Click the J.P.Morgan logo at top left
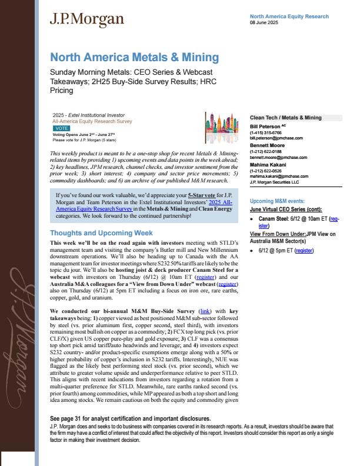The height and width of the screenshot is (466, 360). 86,19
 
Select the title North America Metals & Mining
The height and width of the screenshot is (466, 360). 134,58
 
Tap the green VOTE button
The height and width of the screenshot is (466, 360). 61,127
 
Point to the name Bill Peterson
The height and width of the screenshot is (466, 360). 264,127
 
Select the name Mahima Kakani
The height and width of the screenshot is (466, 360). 266,166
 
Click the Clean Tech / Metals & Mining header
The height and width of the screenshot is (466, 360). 286,118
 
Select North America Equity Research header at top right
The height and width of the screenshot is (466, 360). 289,16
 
